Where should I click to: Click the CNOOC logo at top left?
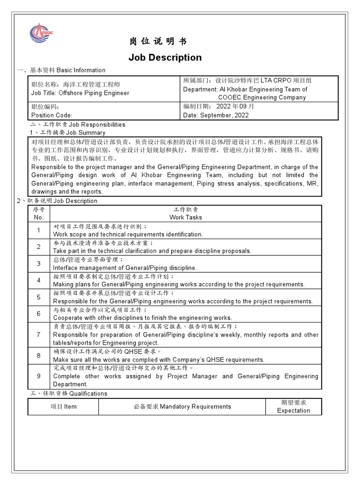coord(42,32)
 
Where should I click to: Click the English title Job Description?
coord(165,58)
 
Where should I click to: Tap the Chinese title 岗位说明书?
coord(158,42)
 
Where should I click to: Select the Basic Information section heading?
coord(61,70)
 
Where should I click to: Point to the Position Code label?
coord(52,115)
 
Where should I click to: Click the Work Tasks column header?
coord(186,217)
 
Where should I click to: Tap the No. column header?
coord(38,217)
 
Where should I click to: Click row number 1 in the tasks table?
coord(38,230)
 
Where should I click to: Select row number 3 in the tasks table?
coord(38,264)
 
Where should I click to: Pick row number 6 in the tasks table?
coord(38,314)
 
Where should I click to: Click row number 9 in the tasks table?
coord(38,376)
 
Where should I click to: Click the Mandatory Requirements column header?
coord(182,406)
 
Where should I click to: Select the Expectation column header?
coord(293,411)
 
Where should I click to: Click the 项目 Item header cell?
coord(63,406)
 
